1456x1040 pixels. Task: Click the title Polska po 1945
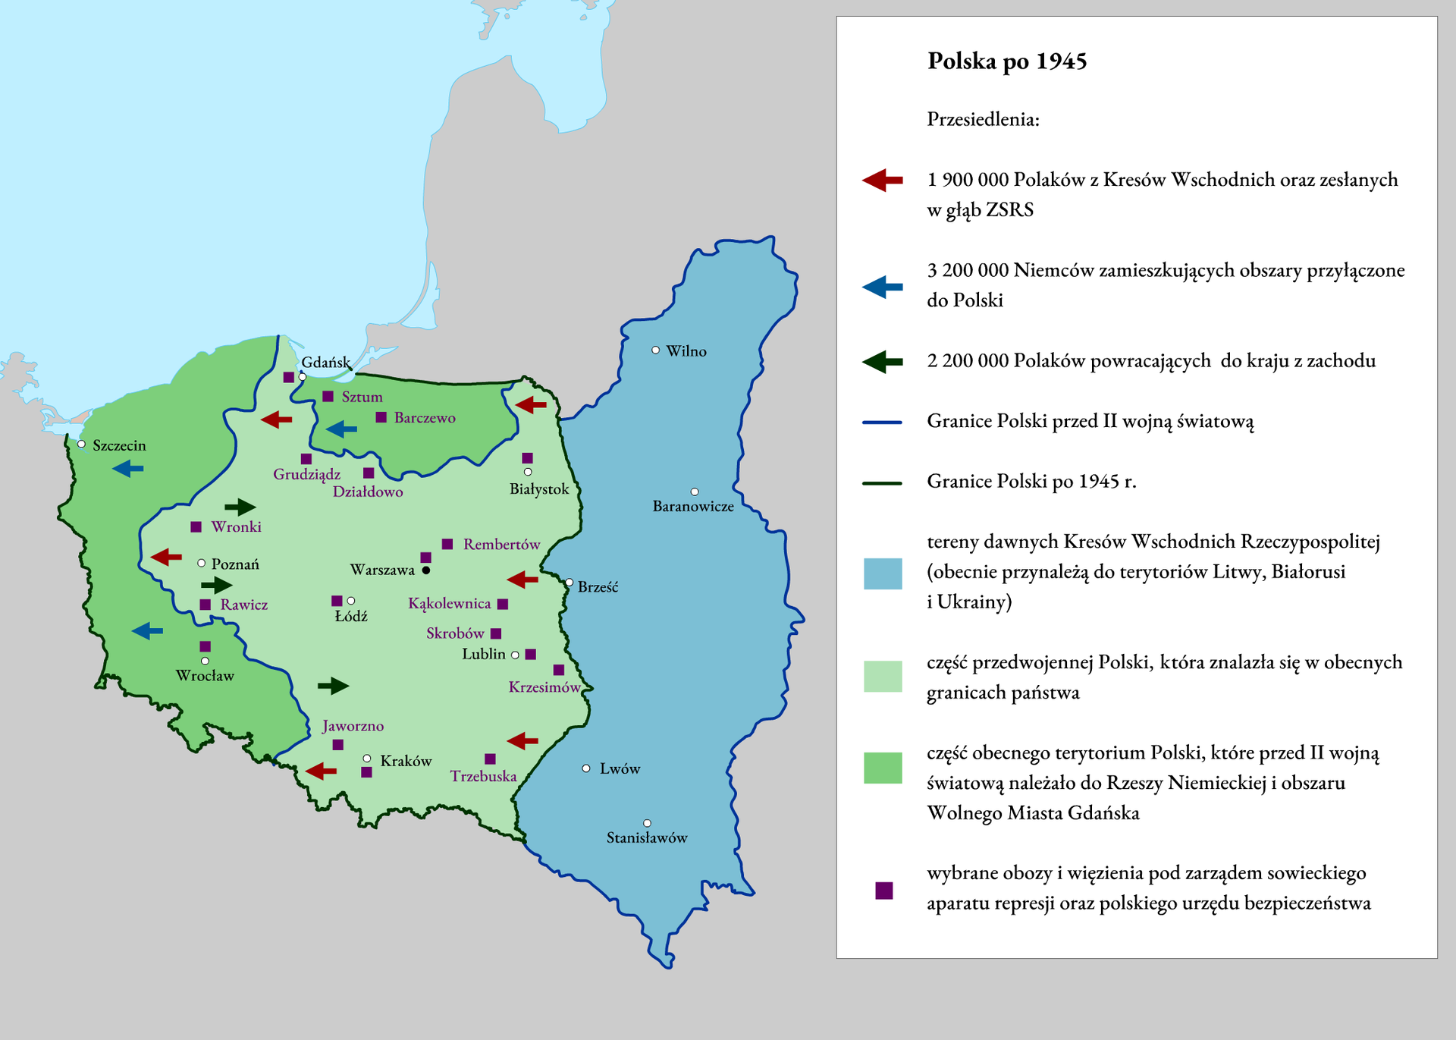tap(1006, 61)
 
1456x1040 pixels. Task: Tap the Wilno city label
tap(686, 351)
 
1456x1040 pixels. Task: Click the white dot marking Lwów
tap(586, 768)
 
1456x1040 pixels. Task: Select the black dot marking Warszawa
tap(426, 570)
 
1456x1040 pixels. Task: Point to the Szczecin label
tap(119, 445)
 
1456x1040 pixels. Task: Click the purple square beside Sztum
tap(328, 397)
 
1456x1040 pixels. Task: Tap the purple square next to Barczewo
tap(381, 417)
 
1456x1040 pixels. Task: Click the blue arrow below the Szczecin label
tap(127, 469)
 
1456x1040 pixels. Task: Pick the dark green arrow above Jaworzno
tap(333, 687)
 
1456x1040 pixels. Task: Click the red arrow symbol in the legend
tap(882, 180)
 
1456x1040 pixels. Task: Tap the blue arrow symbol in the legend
tap(882, 287)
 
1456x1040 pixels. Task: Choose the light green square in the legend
tap(883, 676)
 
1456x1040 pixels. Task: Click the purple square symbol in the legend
tap(883, 890)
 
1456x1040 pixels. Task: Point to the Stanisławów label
tap(647, 837)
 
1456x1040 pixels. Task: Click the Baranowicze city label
tap(693, 506)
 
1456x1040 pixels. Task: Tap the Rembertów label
tap(501, 544)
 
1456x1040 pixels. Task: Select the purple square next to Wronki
tap(196, 526)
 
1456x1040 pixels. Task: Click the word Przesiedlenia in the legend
tap(983, 119)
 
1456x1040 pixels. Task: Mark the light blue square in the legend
tap(883, 573)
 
